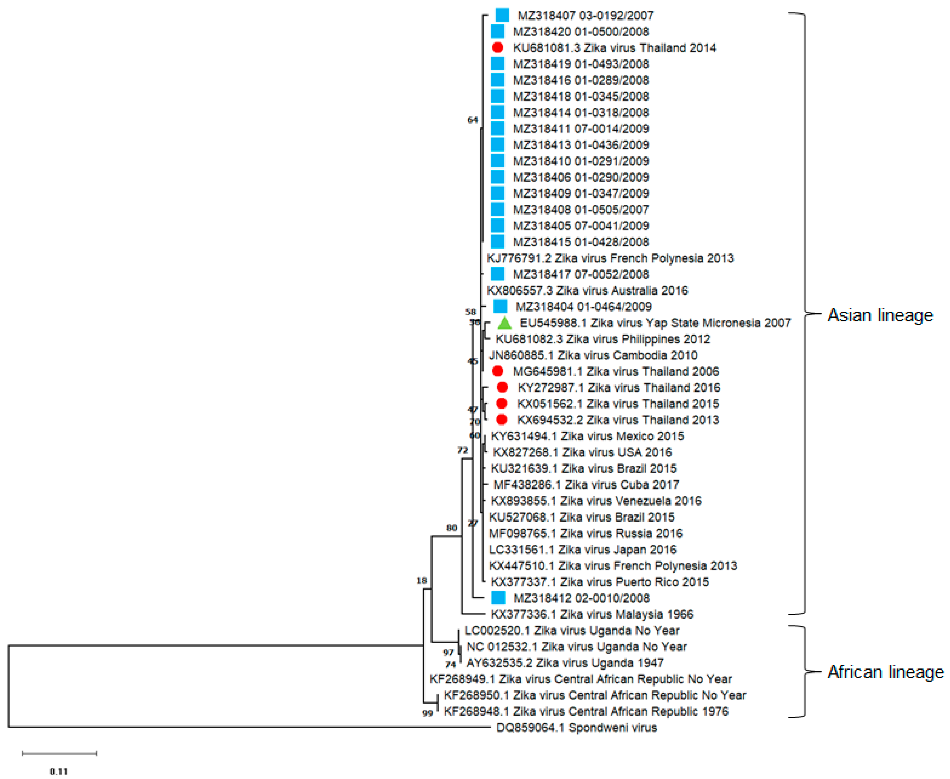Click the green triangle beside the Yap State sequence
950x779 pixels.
(505, 323)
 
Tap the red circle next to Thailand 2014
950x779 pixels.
(497, 48)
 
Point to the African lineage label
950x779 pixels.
(886, 672)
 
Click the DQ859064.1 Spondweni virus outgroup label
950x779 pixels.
(576, 727)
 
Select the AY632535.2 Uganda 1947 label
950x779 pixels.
(565, 663)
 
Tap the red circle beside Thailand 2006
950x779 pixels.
(497, 371)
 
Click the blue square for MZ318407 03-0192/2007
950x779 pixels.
(502, 15)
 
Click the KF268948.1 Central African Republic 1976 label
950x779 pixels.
(586, 711)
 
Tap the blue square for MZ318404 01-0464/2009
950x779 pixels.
(500, 307)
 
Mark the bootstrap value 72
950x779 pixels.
(462, 450)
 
